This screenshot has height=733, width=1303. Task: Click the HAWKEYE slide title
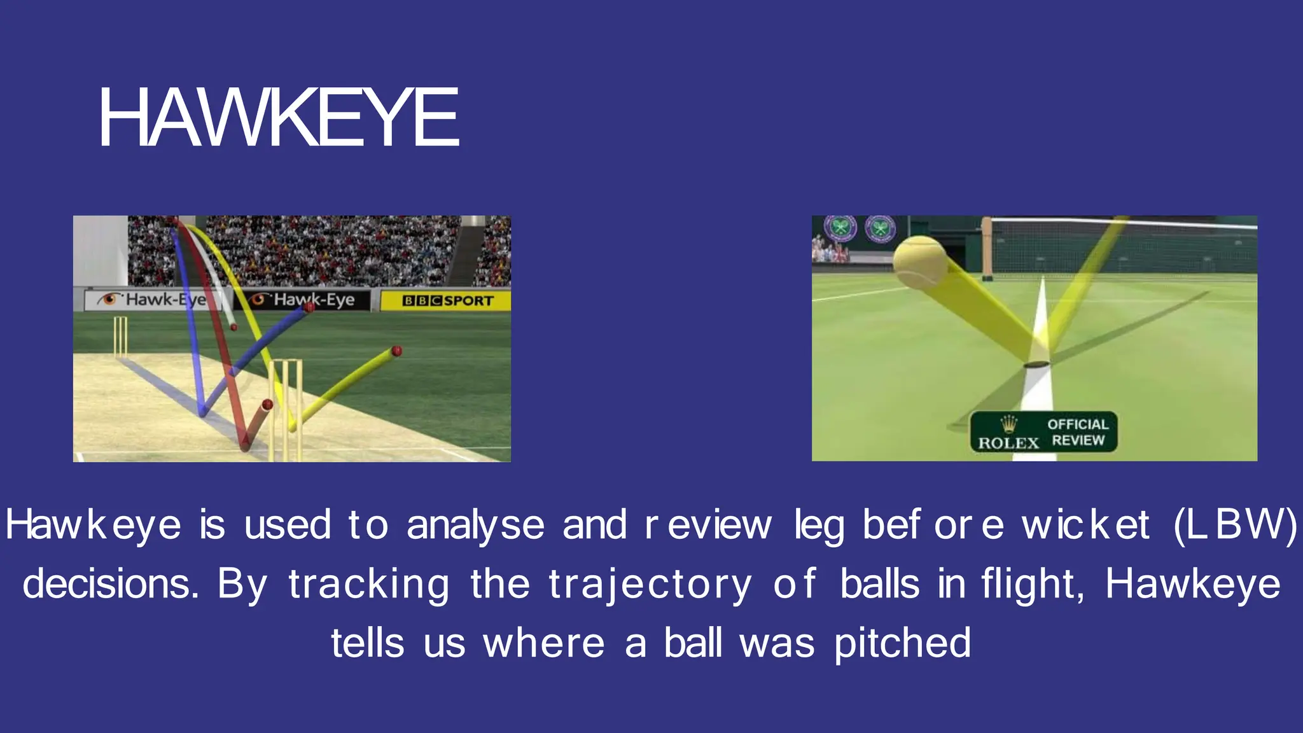click(279, 118)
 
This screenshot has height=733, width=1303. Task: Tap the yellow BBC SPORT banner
click(445, 300)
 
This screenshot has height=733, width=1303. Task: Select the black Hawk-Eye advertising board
click(302, 300)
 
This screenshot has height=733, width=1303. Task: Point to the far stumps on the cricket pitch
click(120, 337)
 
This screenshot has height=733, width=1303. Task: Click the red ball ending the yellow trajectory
click(396, 351)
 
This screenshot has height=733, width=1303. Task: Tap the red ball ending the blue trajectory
click(310, 307)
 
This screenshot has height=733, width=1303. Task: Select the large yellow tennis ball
click(920, 262)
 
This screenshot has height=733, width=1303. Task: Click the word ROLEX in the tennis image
click(1008, 443)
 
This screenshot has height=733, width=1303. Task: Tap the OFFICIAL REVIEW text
click(1078, 432)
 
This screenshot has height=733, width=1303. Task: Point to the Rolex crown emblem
click(1008, 424)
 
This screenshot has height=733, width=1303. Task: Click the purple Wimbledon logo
click(840, 228)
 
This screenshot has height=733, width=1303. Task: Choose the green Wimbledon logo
click(881, 228)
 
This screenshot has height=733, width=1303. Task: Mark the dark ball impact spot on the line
click(1036, 365)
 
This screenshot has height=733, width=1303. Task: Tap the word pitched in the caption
click(902, 643)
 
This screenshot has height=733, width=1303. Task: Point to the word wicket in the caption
click(1085, 526)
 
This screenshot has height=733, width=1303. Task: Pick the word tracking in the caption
click(369, 584)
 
